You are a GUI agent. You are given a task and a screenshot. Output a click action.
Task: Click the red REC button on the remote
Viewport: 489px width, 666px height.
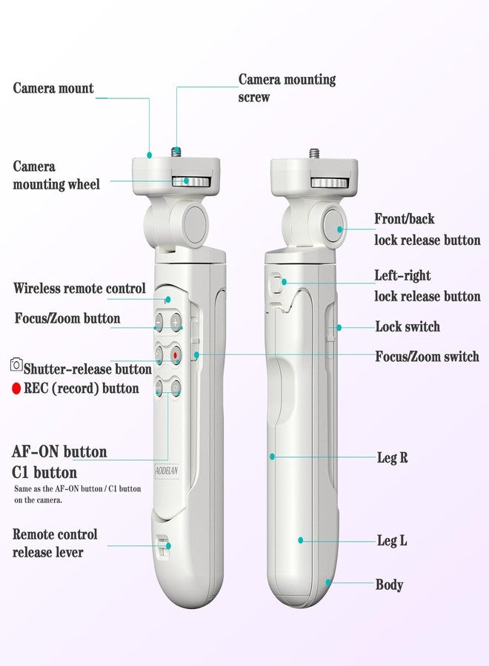(176, 354)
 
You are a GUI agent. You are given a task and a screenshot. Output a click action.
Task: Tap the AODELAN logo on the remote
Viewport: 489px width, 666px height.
(167, 471)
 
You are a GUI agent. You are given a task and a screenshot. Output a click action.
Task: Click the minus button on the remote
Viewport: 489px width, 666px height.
(159, 323)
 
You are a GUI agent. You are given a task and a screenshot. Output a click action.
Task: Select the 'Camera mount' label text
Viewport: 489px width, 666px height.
(53, 88)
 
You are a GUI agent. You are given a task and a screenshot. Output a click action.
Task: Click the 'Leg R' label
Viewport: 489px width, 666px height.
(392, 457)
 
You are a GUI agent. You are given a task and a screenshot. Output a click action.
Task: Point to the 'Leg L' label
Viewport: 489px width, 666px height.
(392, 540)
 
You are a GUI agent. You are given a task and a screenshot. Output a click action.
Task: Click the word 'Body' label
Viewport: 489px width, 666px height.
(389, 585)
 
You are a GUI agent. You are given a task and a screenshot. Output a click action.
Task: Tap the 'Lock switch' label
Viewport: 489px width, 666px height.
(408, 326)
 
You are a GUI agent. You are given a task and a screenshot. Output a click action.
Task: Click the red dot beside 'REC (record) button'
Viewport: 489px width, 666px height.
(16, 388)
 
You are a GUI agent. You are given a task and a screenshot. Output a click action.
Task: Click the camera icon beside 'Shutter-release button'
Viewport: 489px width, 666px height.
(16, 364)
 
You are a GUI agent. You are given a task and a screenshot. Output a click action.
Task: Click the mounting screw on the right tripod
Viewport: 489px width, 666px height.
(314, 152)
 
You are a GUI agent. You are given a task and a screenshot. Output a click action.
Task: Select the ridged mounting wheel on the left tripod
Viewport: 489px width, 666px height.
(191, 181)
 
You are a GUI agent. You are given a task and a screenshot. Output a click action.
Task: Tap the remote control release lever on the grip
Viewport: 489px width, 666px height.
(162, 546)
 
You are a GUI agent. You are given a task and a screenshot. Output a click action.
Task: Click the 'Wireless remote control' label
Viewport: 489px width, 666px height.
(79, 288)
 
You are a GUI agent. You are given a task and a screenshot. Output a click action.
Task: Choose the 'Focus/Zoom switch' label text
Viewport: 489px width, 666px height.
(427, 356)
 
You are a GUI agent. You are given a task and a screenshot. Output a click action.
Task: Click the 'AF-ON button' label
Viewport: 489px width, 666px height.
(59, 451)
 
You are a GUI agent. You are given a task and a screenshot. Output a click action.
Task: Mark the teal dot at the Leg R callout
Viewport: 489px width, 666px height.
(272, 457)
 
